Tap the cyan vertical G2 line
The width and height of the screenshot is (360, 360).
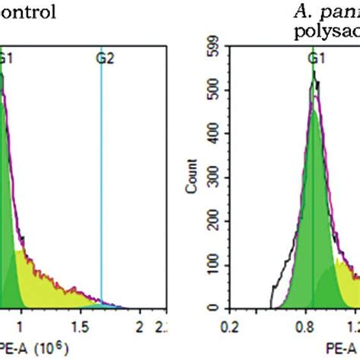click(101, 190)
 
